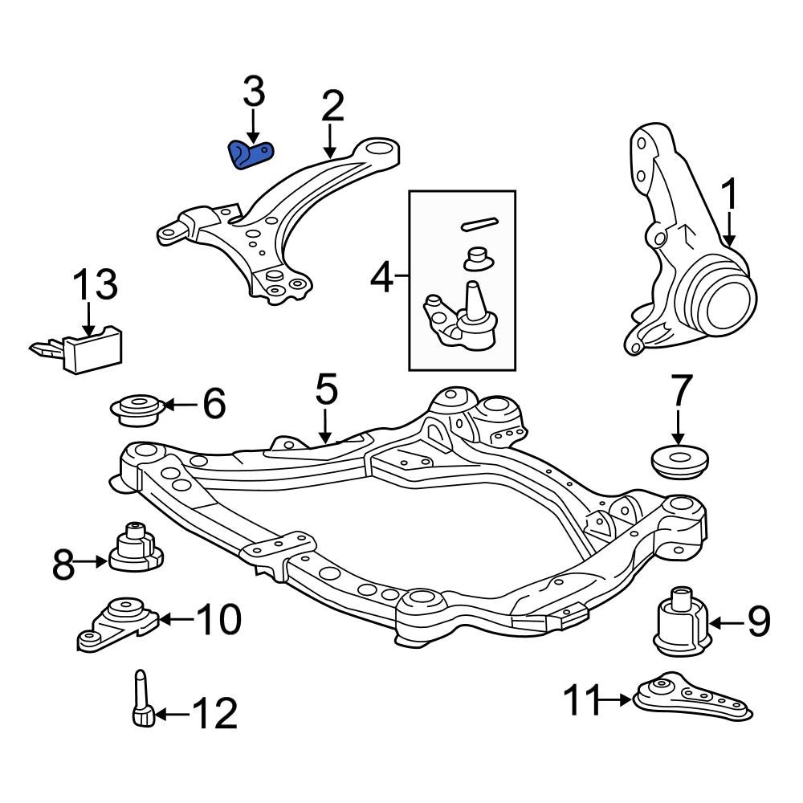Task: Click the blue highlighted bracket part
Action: tap(251, 154)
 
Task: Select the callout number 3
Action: tap(253, 93)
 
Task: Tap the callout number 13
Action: tap(96, 286)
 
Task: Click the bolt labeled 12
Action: tap(141, 703)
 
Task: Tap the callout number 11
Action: tap(581, 701)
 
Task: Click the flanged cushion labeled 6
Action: tap(137, 410)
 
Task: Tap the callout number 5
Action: tap(325, 391)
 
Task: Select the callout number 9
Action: tap(759, 622)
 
